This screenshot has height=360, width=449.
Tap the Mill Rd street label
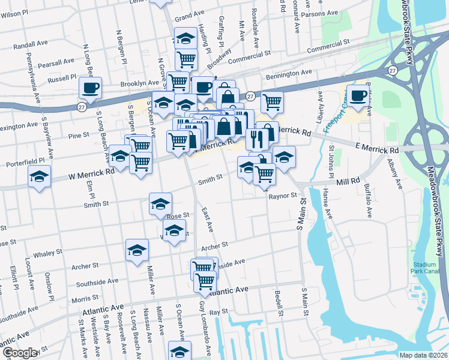tap(348, 180)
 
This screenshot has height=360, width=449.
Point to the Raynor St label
tap(283, 196)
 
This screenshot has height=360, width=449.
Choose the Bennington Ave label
tap(290, 73)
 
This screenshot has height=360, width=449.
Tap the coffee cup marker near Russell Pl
tap(91, 88)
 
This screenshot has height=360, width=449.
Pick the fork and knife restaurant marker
tap(256, 139)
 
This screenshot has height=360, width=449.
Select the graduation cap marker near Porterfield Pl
tap(40, 176)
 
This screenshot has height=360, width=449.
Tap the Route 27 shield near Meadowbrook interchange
tap(393, 70)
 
